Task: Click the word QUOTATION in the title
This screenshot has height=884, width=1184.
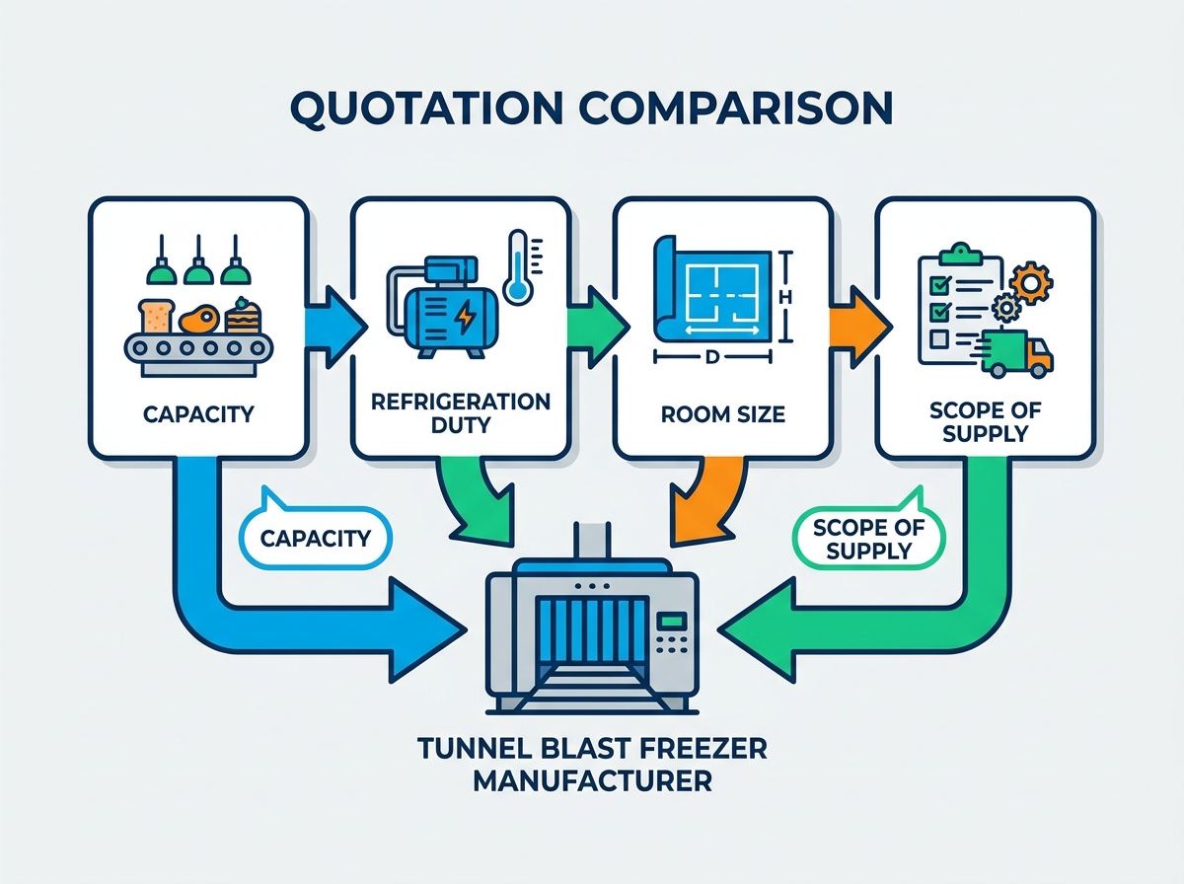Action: tap(426, 109)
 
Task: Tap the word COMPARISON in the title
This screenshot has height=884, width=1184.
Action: tap(736, 109)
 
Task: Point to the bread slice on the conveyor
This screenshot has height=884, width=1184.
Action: tap(157, 316)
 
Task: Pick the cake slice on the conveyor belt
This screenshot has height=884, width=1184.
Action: tap(244, 316)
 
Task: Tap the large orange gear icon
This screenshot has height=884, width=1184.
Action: tap(1031, 282)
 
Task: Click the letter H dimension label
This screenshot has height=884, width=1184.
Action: tap(785, 297)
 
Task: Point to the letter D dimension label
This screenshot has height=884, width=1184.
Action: tap(712, 356)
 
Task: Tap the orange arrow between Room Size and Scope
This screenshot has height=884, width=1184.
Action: tap(860, 327)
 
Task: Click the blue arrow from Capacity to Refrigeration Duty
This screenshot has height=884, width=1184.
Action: tap(335, 328)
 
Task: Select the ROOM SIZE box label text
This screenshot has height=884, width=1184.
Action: tap(723, 414)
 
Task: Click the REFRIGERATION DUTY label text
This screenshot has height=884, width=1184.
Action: tap(461, 413)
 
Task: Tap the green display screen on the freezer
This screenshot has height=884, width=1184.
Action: tap(672, 621)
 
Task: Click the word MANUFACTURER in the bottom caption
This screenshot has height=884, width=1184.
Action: tap(592, 781)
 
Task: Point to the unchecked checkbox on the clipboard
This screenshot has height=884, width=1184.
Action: tap(939, 338)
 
